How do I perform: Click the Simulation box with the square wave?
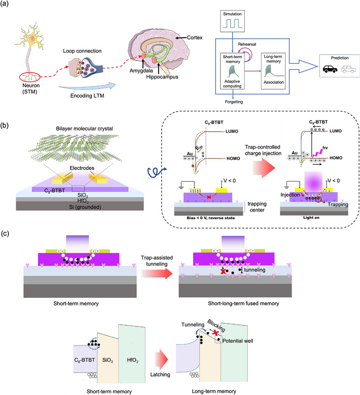[232, 21]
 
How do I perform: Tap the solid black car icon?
[330, 69]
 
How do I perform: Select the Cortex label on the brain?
[194, 37]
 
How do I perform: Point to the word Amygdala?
[141, 71]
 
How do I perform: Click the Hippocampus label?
[162, 77]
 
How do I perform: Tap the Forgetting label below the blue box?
[234, 102]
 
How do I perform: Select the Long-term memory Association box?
[273, 71]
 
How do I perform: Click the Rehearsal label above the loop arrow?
[247, 44]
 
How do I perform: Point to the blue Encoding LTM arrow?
[87, 86]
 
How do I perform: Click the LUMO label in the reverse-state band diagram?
[232, 131]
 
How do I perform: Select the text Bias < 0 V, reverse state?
[211, 218]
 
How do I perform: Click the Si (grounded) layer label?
[85, 207]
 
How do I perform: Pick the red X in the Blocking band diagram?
[215, 333]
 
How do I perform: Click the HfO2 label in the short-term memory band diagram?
[132, 360]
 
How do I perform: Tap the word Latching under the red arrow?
[160, 375]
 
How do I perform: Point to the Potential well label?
[238, 341]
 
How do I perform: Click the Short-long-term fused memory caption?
[243, 304]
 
